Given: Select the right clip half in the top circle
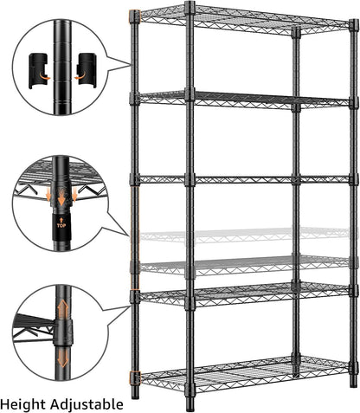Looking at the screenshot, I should pyautogui.click(x=87, y=68).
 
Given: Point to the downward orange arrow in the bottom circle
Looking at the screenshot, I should pyautogui.click(x=61, y=355).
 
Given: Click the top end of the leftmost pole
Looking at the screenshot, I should pyautogui.click(x=135, y=14).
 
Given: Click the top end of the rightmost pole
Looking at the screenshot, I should pyautogui.click(x=354, y=24).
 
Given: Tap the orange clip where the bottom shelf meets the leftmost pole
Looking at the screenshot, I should pyautogui.click(x=134, y=378).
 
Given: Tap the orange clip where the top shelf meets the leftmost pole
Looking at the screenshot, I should pyautogui.click(x=134, y=16).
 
